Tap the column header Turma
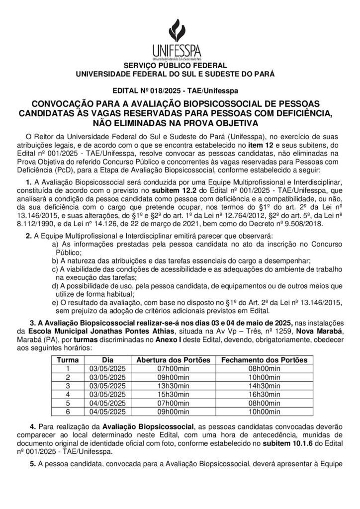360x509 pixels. coord(68,359)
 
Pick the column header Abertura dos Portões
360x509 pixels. coord(171,359)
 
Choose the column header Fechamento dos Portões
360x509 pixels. coord(264,359)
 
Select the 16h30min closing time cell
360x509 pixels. coord(264,394)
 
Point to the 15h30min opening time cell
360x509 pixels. coord(171,394)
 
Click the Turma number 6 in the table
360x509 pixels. coord(68,411)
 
